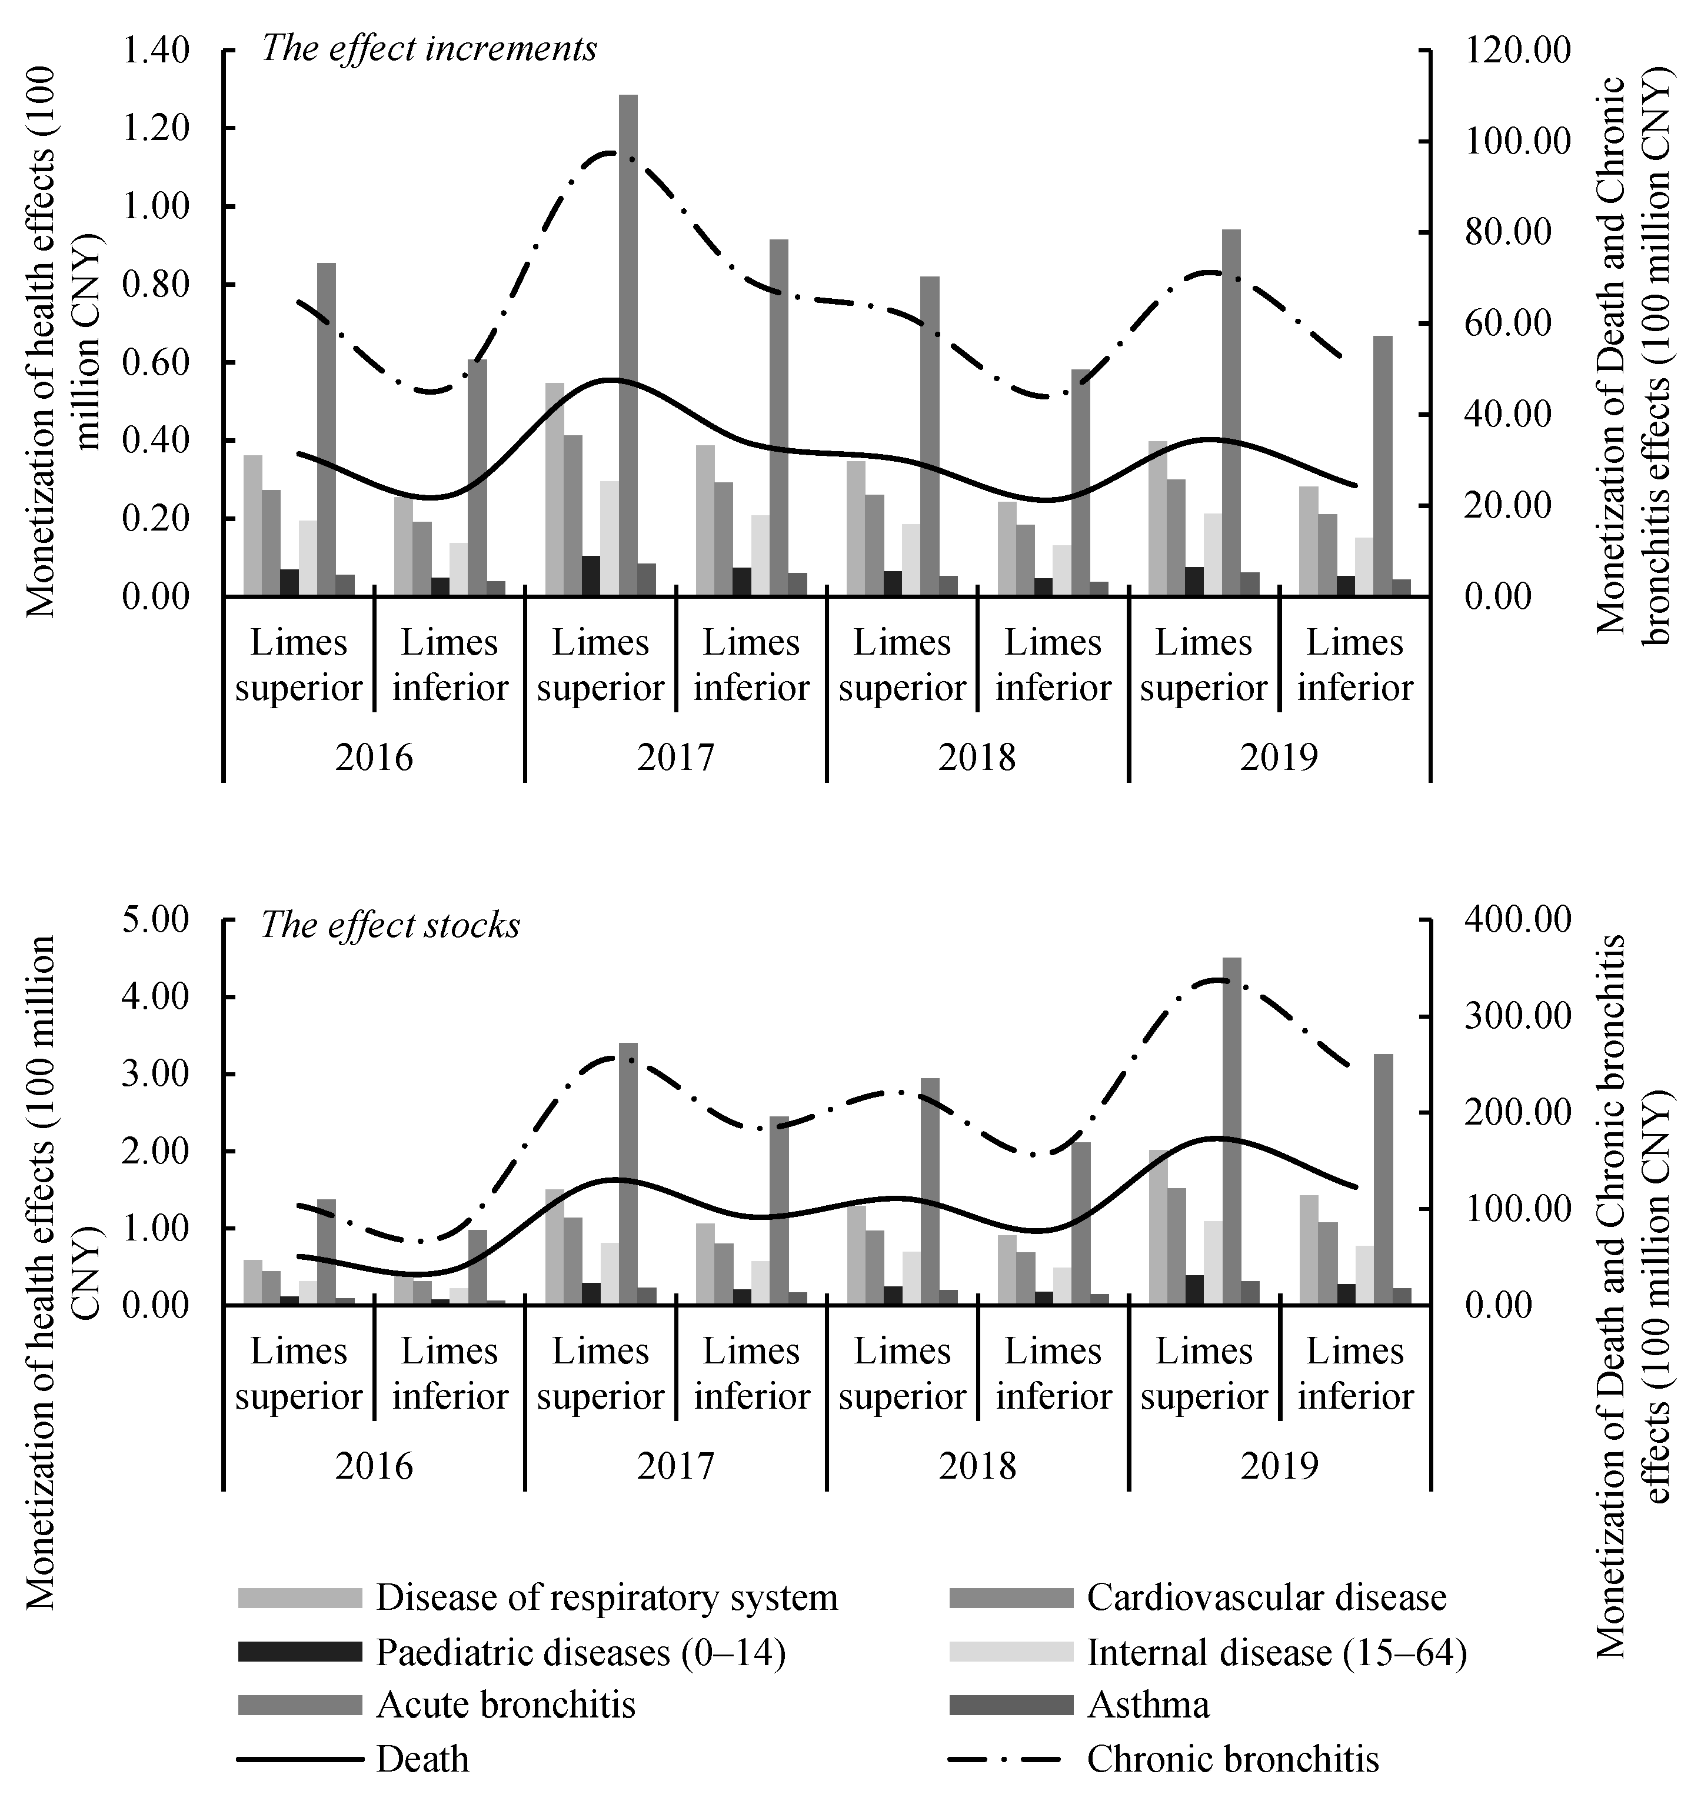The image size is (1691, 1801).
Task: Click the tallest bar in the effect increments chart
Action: click(628, 344)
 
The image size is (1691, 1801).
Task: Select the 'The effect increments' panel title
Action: click(429, 48)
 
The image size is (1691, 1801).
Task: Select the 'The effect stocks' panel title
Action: click(391, 925)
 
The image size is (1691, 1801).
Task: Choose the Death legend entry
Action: click(422, 1759)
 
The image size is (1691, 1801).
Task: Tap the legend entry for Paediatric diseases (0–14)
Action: click(580, 1652)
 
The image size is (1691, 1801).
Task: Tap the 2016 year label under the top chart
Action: click(374, 756)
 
